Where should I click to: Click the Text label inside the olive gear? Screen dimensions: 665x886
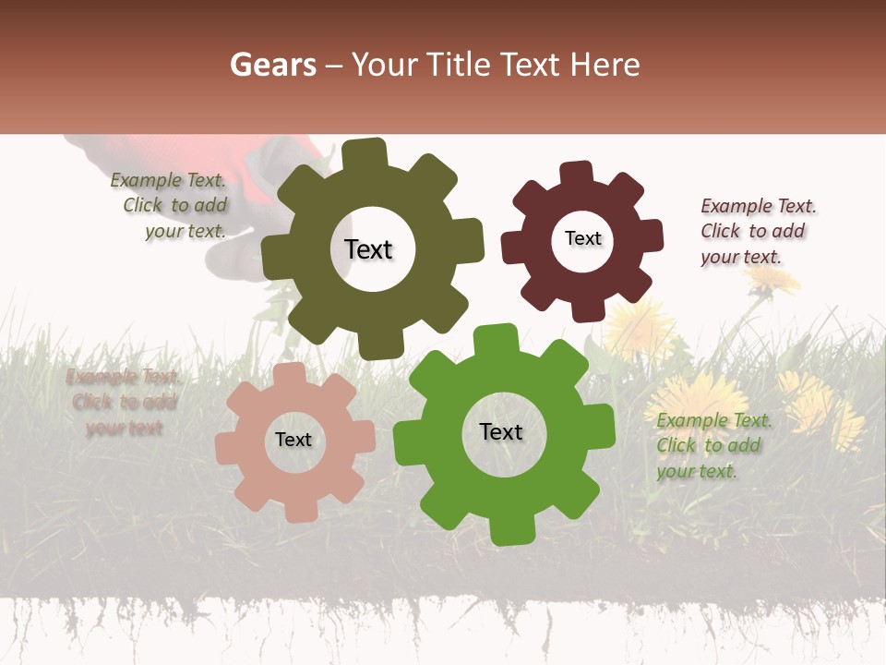(x=368, y=249)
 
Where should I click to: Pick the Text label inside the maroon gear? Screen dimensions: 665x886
(x=582, y=238)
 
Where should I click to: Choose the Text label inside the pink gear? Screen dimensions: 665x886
(x=293, y=441)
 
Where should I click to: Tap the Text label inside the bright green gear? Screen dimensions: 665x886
(x=500, y=431)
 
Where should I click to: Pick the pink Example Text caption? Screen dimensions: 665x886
(x=124, y=402)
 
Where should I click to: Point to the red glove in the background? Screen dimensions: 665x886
(x=277, y=157)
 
